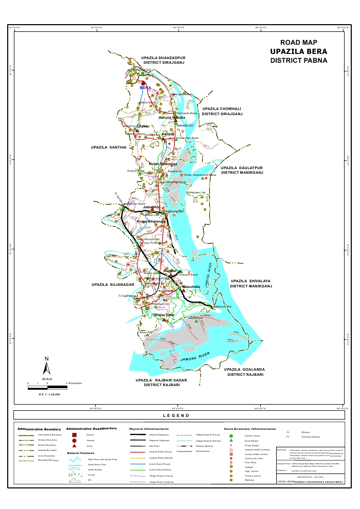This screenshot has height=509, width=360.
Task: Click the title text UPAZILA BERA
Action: [x=298, y=51]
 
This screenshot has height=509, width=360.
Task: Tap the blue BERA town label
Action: [x=145, y=88]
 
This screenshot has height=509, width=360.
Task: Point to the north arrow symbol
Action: [x=46, y=366]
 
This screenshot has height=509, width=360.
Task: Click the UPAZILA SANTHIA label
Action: [x=109, y=148]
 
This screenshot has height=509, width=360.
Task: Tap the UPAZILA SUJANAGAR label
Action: [x=113, y=284]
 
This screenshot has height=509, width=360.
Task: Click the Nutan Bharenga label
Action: [x=163, y=164]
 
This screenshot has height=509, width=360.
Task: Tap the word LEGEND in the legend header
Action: [x=176, y=415]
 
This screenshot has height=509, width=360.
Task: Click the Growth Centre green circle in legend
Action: [x=231, y=436]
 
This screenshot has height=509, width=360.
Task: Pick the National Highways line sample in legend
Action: [x=136, y=435]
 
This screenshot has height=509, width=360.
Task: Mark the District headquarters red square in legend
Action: [x=75, y=435]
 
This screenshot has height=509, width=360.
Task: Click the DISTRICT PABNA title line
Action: [x=298, y=61]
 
